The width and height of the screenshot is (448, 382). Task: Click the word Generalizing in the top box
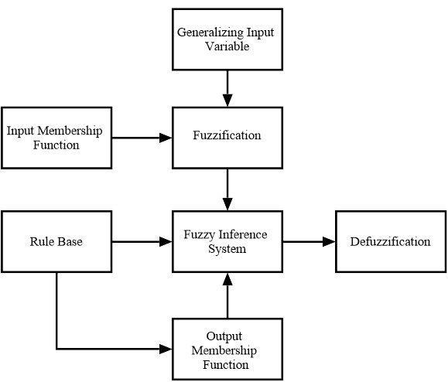[210, 32]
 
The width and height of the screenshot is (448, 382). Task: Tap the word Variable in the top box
[227, 46]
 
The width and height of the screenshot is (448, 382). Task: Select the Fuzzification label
[227, 135]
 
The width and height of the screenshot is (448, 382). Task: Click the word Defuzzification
[390, 241]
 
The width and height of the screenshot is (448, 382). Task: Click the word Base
[69, 241]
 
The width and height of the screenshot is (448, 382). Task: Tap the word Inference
[243, 234]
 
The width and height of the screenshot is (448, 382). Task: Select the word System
[227, 249]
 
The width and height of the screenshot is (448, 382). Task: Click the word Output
[224, 336]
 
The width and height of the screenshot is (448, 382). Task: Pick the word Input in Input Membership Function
[20, 131]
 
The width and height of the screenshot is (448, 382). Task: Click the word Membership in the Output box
[224, 350]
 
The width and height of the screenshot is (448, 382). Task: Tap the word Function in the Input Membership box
[56, 145]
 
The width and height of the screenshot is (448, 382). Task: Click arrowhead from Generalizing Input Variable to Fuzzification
[227, 101]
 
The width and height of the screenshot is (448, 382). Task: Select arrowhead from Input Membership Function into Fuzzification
[166, 138]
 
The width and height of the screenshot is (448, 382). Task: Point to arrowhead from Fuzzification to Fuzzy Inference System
[227, 204]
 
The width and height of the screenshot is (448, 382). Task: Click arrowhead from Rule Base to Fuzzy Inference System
[166, 242]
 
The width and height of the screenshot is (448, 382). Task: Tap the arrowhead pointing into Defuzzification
[329, 242]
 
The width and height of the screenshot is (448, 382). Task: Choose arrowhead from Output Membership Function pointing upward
[227, 279]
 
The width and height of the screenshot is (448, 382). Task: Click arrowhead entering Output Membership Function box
[166, 349]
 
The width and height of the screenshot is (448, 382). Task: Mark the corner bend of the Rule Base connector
[56, 349]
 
